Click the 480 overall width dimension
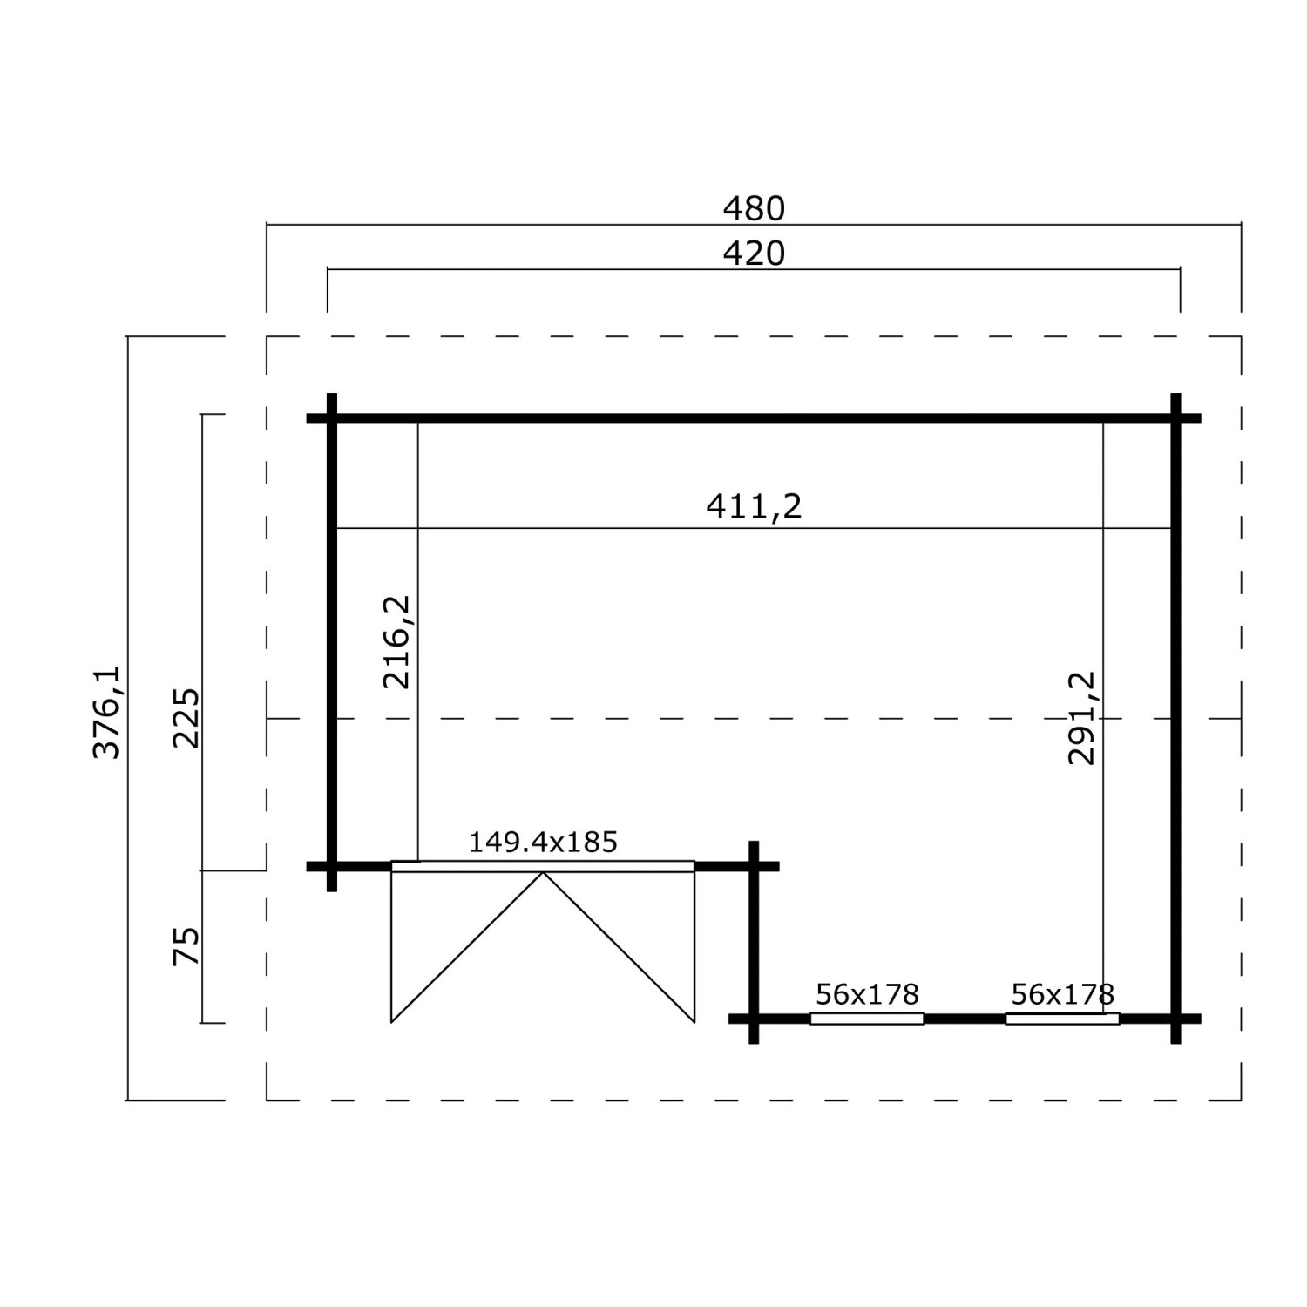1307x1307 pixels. [x=754, y=208]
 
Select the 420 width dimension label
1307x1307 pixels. [x=754, y=254]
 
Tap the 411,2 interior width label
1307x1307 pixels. [x=754, y=506]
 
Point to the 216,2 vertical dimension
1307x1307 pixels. [x=396, y=642]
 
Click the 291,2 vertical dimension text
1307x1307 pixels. [x=1081, y=718]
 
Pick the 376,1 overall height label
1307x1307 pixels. [x=106, y=713]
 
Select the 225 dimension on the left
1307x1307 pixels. [x=186, y=718]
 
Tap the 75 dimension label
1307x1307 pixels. [x=186, y=946]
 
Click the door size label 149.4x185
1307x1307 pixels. [x=543, y=842]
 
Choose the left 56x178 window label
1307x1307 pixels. [x=867, y=993]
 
